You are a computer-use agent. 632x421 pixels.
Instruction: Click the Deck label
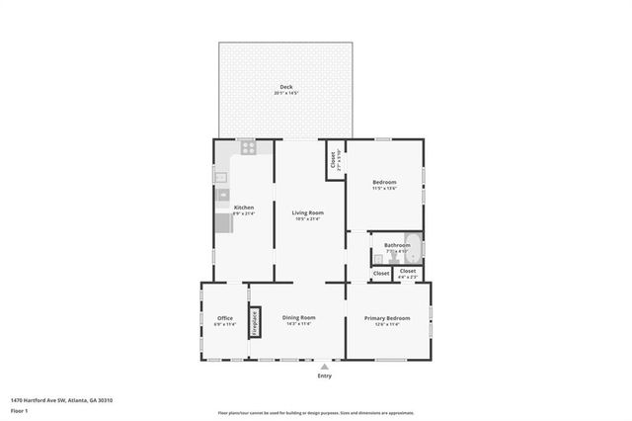pos(286,87)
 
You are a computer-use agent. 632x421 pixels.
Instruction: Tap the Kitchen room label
pos(243,208)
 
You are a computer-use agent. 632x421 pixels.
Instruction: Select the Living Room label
pos(307,212)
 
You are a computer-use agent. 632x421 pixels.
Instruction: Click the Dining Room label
pos(299,317)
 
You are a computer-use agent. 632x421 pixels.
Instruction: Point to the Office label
pos(224,317)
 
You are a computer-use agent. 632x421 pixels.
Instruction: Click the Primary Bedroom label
pos(387,317)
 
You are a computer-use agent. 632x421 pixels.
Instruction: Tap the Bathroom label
pos(397,245)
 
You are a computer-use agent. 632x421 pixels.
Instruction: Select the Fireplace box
pos(253,322)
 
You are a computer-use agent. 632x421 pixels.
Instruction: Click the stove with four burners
pos(247,149)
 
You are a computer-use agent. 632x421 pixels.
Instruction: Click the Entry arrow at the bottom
pos(325,366)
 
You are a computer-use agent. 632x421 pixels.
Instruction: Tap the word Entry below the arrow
pos(325,376)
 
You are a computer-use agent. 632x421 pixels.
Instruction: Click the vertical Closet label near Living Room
pos(333,158)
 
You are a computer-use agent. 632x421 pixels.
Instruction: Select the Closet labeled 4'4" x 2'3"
pos(407,272)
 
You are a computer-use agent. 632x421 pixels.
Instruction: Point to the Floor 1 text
pos(20,409)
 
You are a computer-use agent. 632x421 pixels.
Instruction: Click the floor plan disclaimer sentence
pos(315,412)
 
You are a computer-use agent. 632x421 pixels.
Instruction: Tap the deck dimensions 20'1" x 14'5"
pos(286,94)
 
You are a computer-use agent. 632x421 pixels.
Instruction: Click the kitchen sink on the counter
pos(222,179)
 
